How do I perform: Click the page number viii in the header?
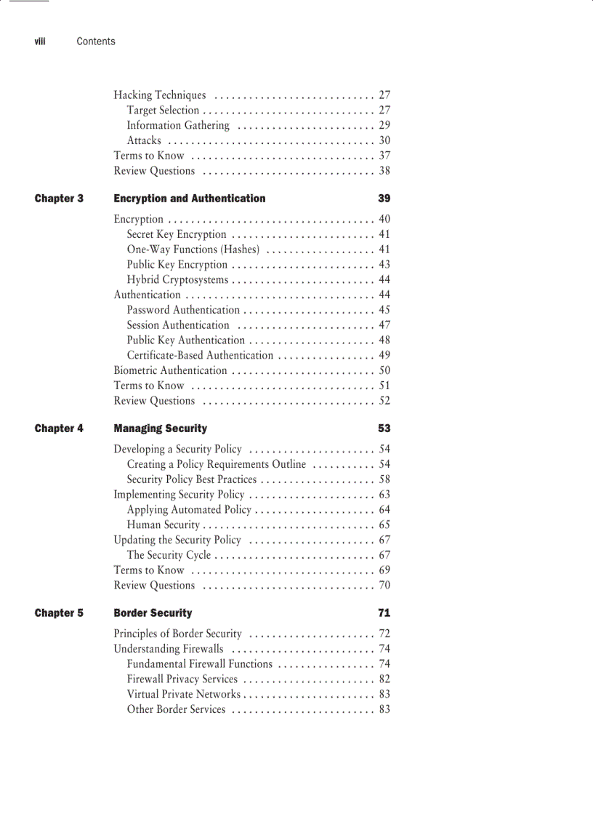click(x=40, y=41)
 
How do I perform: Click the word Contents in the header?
click(x=96, y=41)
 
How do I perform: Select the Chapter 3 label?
click(x=59, y=199)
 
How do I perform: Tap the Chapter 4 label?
click(x=59, y=429)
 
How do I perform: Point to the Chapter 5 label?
click(x=59, y=613)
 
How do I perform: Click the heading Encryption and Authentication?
click(x=190, y=199)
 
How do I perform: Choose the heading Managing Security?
click(x=161, y=429)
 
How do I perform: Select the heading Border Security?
click(x=153, y=613)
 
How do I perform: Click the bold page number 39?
click(x=384, y=199)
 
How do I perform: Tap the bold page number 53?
click(x=384, y=429)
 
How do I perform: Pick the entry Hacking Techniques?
click(x=160, y=95)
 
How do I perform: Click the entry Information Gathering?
click(x=178, y=125)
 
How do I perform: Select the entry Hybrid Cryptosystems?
click(x=177, y=280)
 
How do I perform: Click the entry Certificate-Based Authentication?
click(x=200, y=356)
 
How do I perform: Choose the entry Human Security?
click(x=163, y=525)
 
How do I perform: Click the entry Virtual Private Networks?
click(x=183, y=694)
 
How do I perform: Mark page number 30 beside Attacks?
click(x=384, y=140)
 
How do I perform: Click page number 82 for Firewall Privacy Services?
click(x=384, y=679)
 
